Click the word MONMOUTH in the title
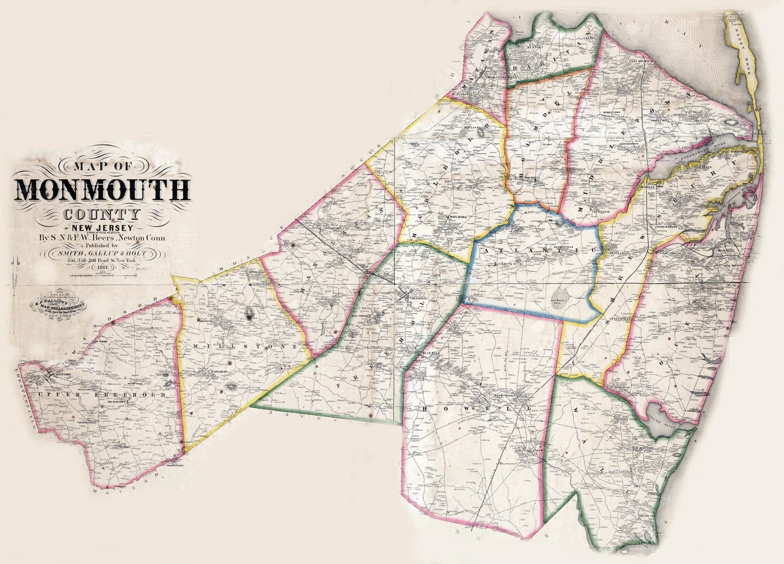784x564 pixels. [102, 190]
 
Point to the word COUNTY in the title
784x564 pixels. [102, 214]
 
